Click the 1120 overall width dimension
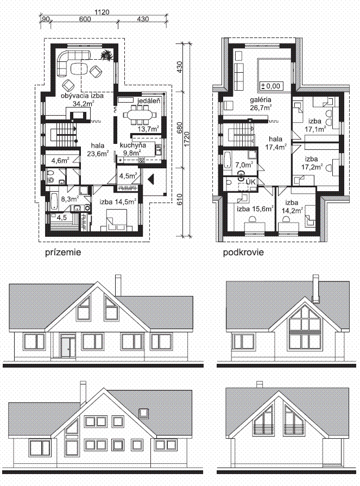point(102,12)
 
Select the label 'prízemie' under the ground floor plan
point(63,253)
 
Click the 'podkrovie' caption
point(243,253)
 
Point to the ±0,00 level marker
point(271,86)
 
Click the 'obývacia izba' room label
point(82,96)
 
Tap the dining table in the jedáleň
point(140,115)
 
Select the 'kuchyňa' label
point(133,145)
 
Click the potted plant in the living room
point(107,54)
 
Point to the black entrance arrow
point(151,179)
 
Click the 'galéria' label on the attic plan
point(261,100)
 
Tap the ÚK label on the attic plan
point(250,182)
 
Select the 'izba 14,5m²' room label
point(118,202)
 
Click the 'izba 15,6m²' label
point(255,209)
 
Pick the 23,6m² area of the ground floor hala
point(98,153)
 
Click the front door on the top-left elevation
point(65,347)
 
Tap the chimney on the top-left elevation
point(118,285)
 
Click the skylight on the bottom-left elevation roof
point(143,413)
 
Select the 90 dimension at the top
point(45,19)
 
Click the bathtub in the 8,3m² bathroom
point(54,200)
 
